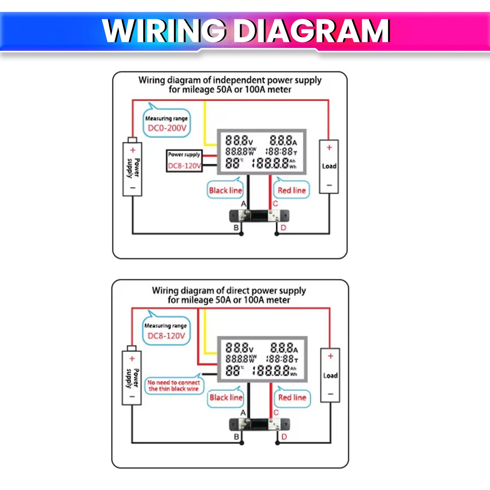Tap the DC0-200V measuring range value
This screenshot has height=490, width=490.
(167, 128)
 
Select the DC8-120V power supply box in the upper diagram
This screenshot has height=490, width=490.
(184, 161)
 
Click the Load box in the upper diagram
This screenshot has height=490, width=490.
(329, 166)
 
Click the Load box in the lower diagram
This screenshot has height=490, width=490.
(330, 375)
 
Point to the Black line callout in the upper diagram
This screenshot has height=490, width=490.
(225, 190)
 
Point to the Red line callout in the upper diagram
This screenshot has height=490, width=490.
(292, 190)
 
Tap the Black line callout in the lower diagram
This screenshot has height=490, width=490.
(226, 397)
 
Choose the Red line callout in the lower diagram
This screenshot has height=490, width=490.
(292, 397)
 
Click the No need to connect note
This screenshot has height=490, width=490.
(173, 385)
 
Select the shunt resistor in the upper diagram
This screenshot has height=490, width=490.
(259, 216)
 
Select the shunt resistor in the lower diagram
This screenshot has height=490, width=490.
(260, 424)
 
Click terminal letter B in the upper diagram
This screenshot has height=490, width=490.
(236, 228)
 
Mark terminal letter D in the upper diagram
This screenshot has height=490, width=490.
(283, 228)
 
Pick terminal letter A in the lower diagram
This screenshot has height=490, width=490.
(243, 413)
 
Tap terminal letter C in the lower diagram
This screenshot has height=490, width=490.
(276, 413)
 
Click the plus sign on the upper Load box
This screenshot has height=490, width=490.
(329, 148)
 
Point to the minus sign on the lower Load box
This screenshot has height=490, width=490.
(331, 394)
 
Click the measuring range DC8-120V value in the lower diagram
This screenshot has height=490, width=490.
(166, 335)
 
